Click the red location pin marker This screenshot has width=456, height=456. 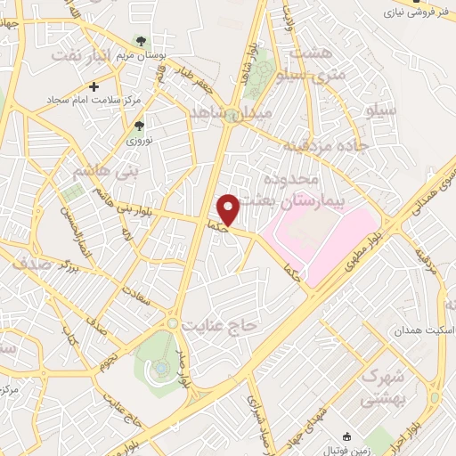[228, 208]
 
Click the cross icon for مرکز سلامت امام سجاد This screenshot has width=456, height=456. [94, 86]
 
